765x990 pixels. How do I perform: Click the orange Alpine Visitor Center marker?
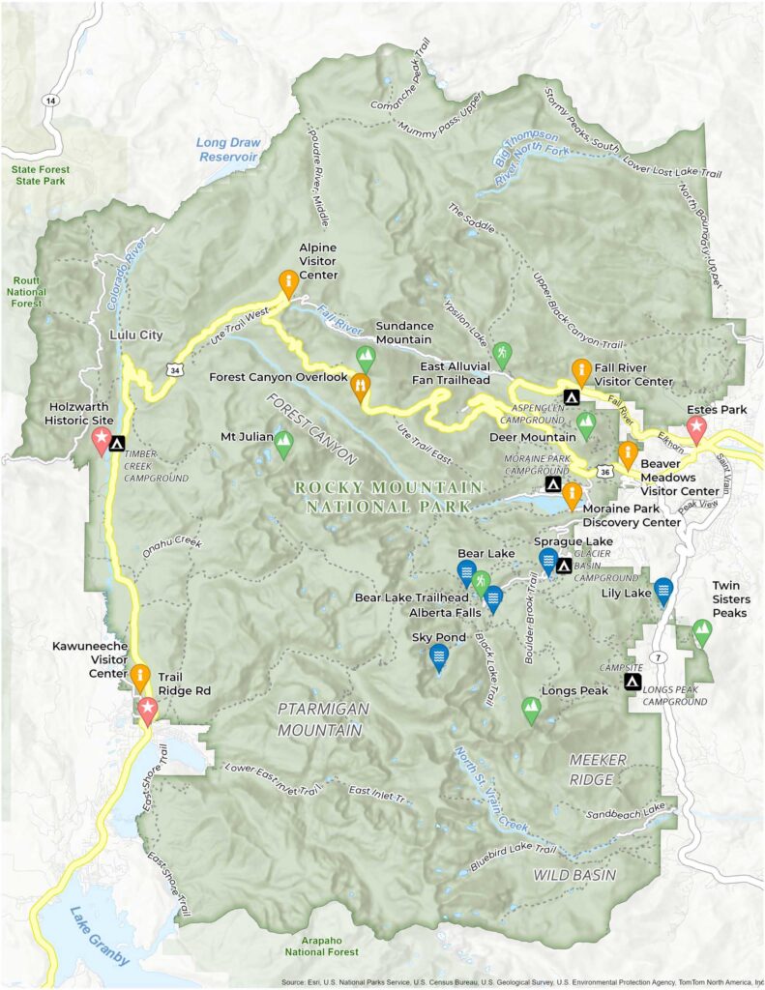pos(287,282)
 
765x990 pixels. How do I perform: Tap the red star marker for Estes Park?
pos(696,431)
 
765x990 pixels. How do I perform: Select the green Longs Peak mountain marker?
pos(530,711)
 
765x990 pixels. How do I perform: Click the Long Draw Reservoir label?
pos(226,149)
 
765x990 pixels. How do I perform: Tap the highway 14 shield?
pos(48,100)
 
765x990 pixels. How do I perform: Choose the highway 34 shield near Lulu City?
pos(172,369)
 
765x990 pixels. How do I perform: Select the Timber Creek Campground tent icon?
pos(118,445)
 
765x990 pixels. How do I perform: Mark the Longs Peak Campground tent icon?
pos(632,683)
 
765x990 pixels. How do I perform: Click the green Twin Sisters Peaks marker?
pos(702,632)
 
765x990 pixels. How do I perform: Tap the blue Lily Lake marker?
pos(662,590)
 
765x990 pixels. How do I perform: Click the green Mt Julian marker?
pos(283,444)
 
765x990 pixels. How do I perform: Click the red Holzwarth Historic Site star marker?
pos(102,441)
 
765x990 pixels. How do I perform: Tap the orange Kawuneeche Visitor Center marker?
pos(141,677)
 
